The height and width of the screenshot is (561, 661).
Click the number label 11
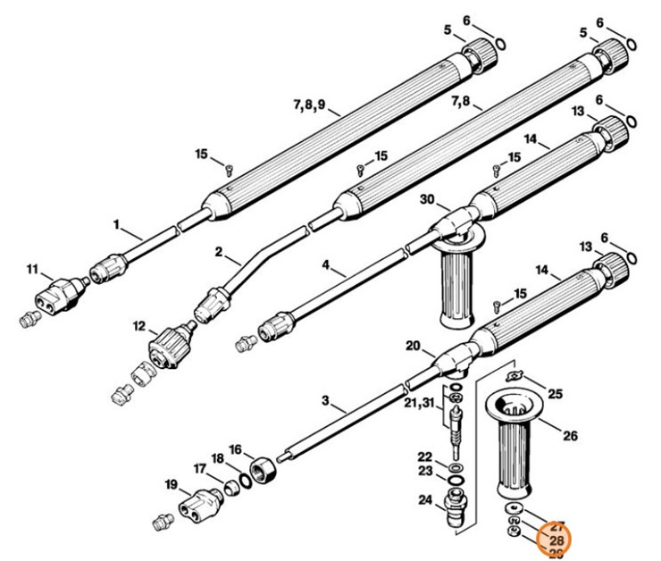(x=32, y=269)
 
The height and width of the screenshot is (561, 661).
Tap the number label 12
(x=139, y=327)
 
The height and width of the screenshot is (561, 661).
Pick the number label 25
(x=555, y=393)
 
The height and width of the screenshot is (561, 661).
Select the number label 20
(x=413, y=347)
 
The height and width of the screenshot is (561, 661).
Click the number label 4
(x=327, y=264)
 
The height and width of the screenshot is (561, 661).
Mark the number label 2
(x=219, y=252)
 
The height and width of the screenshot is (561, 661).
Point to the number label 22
(x=424, y=456)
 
